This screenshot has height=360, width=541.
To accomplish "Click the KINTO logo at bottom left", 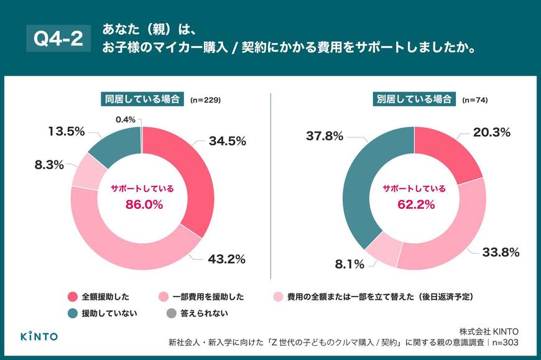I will tap(39, 336).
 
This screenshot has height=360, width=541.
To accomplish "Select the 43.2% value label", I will tap(227, 258).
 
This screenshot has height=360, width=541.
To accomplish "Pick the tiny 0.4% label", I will tap(126, 119).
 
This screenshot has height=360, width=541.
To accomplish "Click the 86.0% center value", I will tap(142, 203).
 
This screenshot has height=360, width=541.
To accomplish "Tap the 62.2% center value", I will tap(414, 203).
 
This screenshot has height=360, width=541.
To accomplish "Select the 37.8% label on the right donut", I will tap(323, 136).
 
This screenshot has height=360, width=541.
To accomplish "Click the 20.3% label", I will tap(491, 132).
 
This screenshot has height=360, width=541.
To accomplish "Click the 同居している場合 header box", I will tap(142, 99).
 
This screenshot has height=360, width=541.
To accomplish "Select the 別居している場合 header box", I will tap(414, 99).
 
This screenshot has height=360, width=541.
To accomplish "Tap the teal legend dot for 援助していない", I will tap(72, 313).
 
